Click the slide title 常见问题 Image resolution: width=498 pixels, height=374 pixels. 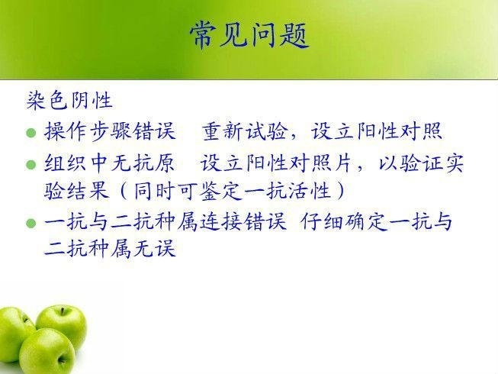[x=249, y=35]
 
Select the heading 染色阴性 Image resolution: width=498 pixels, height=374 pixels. [x=69, y=101]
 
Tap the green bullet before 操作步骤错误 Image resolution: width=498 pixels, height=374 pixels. [x=31, y=132]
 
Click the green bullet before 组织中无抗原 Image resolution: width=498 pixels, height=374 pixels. [x=31, y=165]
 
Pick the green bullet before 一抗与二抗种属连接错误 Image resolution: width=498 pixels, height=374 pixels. [x=31, y=223]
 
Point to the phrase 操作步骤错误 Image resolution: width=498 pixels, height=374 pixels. [x=110, y=131]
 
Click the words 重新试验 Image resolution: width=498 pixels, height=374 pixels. [x=243, y=131]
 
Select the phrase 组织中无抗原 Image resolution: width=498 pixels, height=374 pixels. [x=110, y=163]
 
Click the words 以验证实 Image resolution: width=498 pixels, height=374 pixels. [x=422, y=163]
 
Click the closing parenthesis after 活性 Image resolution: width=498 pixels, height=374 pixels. [x=341, y=191]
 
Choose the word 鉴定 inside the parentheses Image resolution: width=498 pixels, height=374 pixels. [x=220, y=191]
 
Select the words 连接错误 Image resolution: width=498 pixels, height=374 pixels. [x=243, y=221]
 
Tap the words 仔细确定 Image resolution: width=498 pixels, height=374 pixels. [x=344, y=221]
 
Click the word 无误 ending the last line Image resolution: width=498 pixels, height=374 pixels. [x=154, y=248]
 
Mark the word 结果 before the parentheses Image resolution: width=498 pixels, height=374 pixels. [x=88, y=191]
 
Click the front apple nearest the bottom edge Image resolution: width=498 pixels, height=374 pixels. [x=47, y=351]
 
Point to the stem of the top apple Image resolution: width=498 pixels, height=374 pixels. [x=63, y=311]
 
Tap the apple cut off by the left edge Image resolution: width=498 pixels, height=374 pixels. [x=14, y=334]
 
